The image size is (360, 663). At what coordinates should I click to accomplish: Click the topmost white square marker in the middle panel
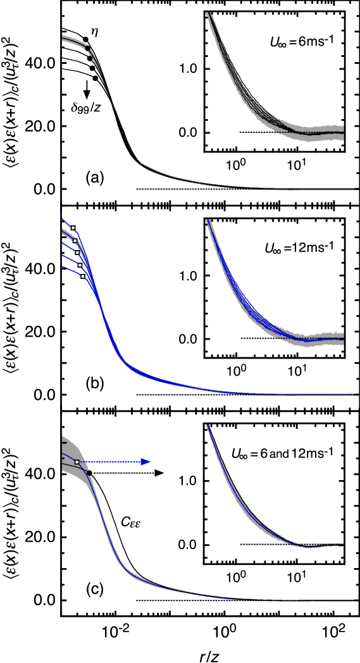pos(73,228)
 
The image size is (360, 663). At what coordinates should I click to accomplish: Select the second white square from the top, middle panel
pos(75,240)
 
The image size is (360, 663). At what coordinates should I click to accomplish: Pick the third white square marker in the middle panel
pos(77,252)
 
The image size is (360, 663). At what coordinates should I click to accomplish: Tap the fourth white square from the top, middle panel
pos(80,265)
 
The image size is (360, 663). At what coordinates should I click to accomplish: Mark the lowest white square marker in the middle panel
pos(82,276)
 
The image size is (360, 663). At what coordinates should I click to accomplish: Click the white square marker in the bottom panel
pos(77,462)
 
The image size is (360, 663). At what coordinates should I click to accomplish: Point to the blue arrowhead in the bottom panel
pos(146,462)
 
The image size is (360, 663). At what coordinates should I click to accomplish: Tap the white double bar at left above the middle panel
pos(66,205)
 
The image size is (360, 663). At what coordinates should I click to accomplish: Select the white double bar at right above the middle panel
pos(355,205)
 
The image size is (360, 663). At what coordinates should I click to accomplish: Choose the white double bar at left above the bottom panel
pos(66,411)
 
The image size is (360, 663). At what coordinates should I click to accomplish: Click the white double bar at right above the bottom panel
pos(355,411)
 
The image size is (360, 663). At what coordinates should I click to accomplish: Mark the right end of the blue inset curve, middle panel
pos(343,338)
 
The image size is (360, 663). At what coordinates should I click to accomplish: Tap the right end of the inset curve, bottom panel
pos(343,545)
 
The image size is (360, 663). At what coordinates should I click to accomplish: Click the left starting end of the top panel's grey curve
pos(63,39)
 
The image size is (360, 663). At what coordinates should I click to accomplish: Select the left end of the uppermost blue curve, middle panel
pos(63,218)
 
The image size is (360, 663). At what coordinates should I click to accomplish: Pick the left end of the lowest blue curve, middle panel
pos(63,267)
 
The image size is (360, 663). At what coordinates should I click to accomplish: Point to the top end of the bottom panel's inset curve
pos(206,425)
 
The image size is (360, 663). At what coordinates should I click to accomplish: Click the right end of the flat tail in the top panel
pos(357,189)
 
